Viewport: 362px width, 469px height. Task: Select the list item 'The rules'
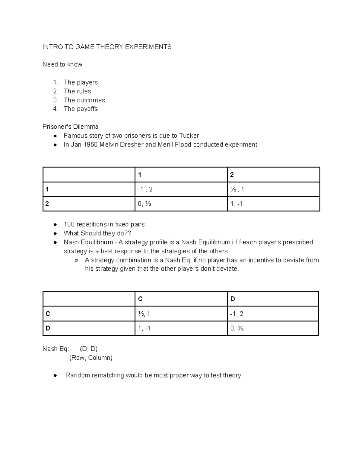77,91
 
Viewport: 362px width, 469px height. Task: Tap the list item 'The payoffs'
81,109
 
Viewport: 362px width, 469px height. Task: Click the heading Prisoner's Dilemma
70,127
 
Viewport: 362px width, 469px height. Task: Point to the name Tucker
189,136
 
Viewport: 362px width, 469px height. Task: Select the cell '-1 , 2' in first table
145,189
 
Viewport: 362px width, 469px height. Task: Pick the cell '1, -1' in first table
237,204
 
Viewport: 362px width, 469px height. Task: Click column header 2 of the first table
232,175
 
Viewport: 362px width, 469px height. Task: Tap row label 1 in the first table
47,189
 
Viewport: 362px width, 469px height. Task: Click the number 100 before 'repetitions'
69,224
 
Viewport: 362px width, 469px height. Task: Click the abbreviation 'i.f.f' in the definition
236,242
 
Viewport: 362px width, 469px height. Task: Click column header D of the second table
232,299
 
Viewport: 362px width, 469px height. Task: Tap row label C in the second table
48,314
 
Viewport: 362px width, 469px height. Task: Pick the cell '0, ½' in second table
237,328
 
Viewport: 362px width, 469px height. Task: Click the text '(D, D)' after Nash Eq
89,349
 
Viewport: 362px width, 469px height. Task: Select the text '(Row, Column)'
91,358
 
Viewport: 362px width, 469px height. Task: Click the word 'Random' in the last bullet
78,375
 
